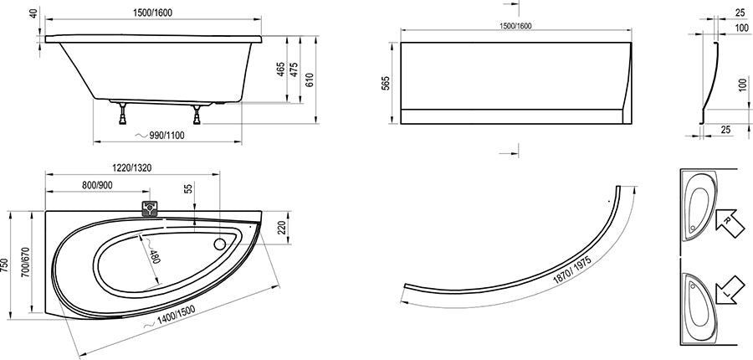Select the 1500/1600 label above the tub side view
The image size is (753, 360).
click(x=152, y=13)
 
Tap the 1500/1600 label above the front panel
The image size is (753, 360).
click(x=515, y=26)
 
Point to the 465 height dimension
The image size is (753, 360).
click(x=281, y=69)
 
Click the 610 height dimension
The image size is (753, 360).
click(x=309, y=80)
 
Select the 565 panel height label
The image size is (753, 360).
click(x=386, y=83)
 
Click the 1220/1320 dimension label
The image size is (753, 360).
click(x=132, y=167)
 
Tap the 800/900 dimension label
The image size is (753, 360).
click(x=96, y=185)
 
